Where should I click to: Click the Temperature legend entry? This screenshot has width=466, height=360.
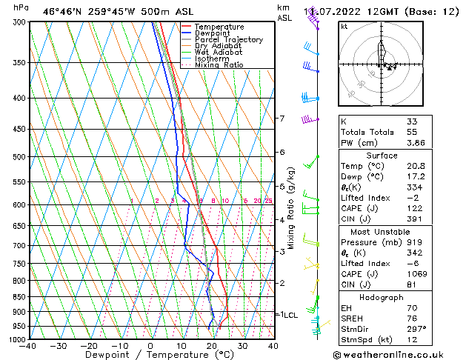(x=219, y=27)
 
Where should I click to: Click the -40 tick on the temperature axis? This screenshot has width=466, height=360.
(x=28, y=346)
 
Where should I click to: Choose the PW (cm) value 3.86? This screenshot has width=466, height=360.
(x=414, y=142)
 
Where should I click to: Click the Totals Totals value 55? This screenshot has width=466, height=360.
(x=411, y=132)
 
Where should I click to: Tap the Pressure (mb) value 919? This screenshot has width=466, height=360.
(x=413, y=241)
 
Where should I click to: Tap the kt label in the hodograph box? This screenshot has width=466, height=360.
(x=344, y=27)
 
